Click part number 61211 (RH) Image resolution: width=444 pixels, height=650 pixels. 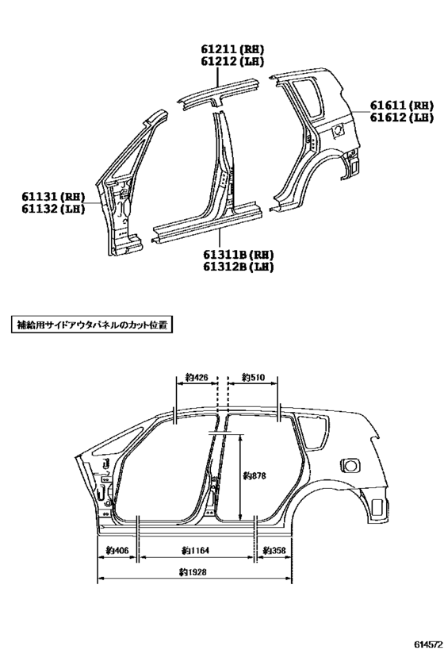(232, 49)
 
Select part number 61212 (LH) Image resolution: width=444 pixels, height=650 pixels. (232, 61)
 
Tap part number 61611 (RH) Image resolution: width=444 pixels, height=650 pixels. (401, 106)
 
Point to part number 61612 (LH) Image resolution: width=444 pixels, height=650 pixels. (401, 117)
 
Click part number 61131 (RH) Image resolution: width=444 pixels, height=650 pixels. (53, 196)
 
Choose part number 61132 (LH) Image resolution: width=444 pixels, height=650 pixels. (53, 209)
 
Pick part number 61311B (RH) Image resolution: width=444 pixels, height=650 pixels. (238, 254)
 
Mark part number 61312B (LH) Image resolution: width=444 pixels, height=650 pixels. (238, 267)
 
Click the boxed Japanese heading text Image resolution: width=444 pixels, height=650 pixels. (91, 325)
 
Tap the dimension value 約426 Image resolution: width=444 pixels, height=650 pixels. (197, 377)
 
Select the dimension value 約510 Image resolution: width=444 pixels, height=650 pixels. (253, 377)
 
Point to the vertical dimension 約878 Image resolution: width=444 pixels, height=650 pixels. (255, 475)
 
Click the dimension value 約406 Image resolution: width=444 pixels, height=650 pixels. (117, 551)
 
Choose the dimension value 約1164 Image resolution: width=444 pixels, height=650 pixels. (196, 551)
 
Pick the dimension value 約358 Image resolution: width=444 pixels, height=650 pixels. (274, 551)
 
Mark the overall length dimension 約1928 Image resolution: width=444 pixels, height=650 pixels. (193, 572)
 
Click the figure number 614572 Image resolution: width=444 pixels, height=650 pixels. (425, 641)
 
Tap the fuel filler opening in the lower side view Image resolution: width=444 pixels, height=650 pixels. (350, 465)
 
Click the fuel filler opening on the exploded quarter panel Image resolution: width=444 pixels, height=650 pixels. (338, 129)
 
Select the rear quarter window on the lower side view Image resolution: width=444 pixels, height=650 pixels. (314, 433)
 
